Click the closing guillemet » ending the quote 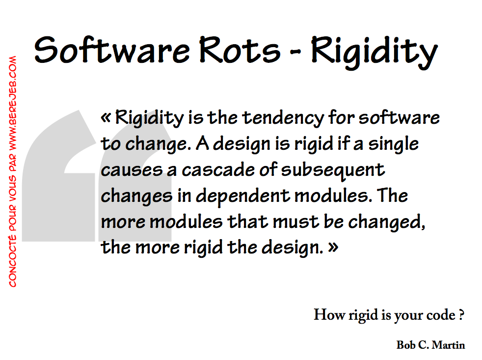coord(333,247)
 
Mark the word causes coord(125,170)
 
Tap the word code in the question coord(442,315)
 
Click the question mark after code coord(462,315)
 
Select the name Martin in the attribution coord(448,345)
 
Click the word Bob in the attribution coord(405,345)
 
